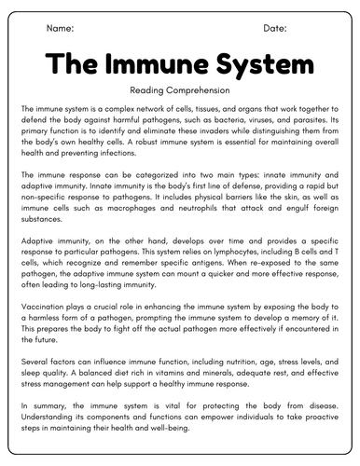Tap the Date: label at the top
274,29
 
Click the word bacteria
239,120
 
